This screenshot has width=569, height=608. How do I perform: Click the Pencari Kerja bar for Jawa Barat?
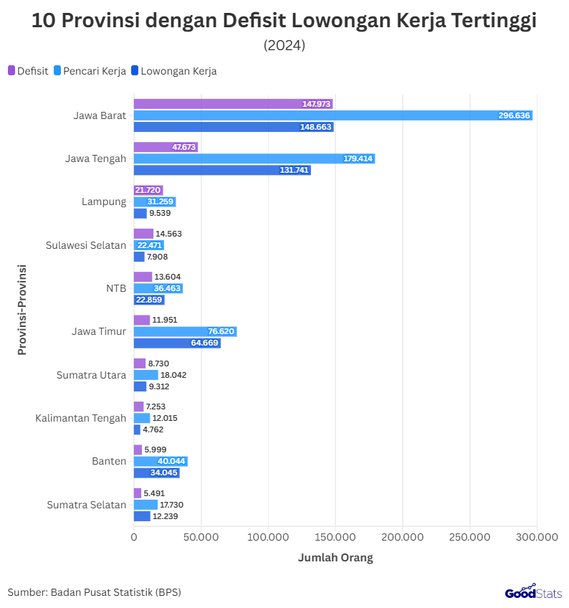tap(333, 115)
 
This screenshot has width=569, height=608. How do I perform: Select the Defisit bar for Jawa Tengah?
tap(166, 147)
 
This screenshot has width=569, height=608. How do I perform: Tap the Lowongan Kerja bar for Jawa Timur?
tap(177, 343)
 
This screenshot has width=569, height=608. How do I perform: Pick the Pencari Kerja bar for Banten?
tap(161, 461)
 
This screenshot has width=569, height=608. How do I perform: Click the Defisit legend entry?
tap(28, 71)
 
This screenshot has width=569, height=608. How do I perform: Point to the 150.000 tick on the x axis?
tap(335, 536)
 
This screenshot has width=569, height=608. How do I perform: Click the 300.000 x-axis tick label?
tap(537, 536)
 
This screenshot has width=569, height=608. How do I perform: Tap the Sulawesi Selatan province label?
tap(86, 245)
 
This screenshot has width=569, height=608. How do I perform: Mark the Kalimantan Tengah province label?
tap(81, 418)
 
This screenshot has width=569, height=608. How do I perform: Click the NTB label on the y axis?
tap(116, 288)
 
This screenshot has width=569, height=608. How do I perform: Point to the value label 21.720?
tap(148, 190)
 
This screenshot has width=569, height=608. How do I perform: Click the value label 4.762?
tap(155, 429)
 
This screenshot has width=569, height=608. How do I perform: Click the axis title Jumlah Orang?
tap(335, 558)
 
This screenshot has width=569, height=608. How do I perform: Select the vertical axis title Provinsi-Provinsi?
tap(22, 310)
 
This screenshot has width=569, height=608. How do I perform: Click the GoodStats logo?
tap(533, 592)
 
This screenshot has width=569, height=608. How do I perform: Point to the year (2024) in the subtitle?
tap(284, 45)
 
